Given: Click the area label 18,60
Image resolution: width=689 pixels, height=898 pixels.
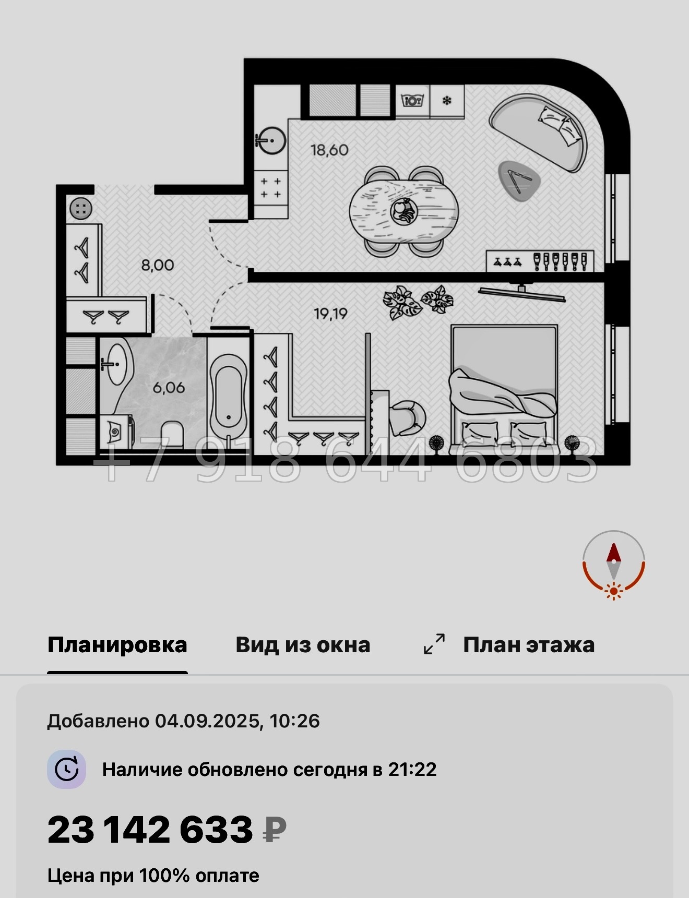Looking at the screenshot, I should pyautogui.click(x=329, y=150).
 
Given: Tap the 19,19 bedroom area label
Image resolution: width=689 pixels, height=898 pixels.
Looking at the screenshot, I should pyautogui.click(x=330, y=314).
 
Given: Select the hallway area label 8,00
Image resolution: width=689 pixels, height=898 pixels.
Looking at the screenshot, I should pyautogui.click(x=158, y=265).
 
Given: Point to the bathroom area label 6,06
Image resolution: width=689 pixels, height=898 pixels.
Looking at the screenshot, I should pyautogui.click(x=169, y=388).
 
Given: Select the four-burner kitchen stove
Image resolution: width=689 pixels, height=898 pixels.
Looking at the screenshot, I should pyautogui.click(x=271, y=188).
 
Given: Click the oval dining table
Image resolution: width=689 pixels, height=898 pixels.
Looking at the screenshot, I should pyautogui.click(x=403, y=211).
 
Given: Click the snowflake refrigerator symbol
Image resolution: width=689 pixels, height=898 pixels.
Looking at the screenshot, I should pyautogui.click(x=447, y=101).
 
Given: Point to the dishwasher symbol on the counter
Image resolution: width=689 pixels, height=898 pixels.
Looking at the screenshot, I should pyautogui.click(x=412, y=100).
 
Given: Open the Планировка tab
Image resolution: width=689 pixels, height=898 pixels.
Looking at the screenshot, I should pyautogui.click(x=117, y=645).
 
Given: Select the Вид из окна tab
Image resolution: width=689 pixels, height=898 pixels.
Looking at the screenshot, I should pyautogui.click(x=303, y=645).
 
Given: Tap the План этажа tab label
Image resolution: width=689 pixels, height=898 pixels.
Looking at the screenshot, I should pyautogui.click(x=528, y=645).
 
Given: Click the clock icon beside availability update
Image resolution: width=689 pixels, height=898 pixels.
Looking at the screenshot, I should pyautogui.click(x=66, y=769).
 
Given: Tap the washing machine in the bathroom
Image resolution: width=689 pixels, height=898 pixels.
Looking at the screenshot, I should pyautogui.click(x=116, y=431).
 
